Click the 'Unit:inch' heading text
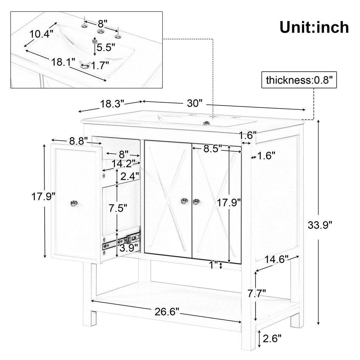(x=314, y=27)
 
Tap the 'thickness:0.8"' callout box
(x=299, y=80)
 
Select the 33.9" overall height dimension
(x=320, y=225)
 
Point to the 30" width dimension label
(x=195, y=103)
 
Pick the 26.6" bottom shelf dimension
(x=167, y=311)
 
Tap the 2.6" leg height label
(x=272, y=339)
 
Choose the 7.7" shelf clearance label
(x=257, y=294)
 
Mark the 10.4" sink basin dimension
(x=41, y=34)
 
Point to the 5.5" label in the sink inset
(x=105, y=47)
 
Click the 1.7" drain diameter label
(x=100, y=65)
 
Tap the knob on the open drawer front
(x=74, y=203)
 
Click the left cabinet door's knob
(x=184, y=201)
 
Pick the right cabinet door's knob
(x=196, y=201)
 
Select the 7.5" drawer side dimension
(x=118, y=208)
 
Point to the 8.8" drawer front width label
(x=78, y=141)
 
